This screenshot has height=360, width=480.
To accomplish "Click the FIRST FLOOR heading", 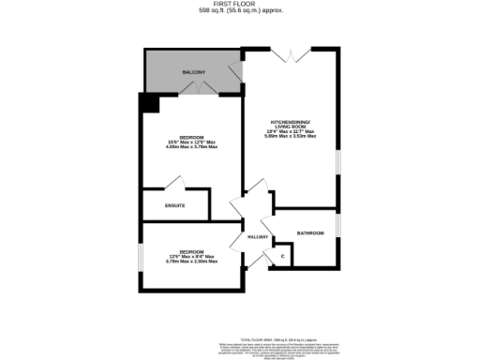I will click(x=241, y=5).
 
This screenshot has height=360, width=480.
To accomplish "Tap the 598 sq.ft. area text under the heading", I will click(x=241, y=11).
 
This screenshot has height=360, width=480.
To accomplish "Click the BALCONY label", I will click(x=194, y=72).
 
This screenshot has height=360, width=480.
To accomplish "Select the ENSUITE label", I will click(x=174, y=205).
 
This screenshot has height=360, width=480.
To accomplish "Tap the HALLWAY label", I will click(x=258, y=237).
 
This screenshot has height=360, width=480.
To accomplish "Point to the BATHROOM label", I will click(x=310, y=232).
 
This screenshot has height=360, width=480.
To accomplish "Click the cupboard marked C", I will click(x=282, y=255).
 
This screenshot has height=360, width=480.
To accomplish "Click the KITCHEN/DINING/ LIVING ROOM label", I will click(x=292, y=125).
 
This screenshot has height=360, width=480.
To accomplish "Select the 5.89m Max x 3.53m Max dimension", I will click(x=292, y=136).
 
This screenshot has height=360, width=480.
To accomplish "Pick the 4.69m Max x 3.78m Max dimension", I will click(x=190, y=147).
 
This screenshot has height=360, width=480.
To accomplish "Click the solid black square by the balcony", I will click(x=149, y=101).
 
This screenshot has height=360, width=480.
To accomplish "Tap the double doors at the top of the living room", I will click(x=288, y=56).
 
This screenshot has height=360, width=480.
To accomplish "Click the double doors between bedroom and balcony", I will click(x=199, y=89).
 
